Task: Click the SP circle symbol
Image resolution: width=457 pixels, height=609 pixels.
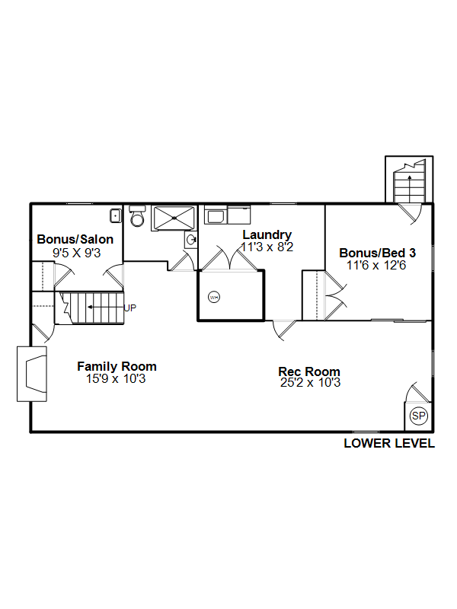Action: point(418,416)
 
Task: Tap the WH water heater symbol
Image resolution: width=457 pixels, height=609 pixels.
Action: point(214,298)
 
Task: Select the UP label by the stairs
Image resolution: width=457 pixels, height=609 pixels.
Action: point(129,308)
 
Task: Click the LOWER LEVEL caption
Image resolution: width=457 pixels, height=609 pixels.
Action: point(389,443)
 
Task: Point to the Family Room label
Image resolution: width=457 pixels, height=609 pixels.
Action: point(117,366)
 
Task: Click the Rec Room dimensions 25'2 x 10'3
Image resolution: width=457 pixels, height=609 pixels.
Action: point(310,383)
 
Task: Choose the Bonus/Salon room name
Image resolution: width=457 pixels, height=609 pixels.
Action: point(75,239)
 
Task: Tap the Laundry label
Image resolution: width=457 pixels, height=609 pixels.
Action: point(267,234)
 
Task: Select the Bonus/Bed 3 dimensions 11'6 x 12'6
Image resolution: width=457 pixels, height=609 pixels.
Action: point(376,265)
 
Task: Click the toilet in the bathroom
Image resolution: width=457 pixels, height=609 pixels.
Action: point(137,216)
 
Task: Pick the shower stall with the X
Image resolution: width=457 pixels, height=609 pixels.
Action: point(174,218)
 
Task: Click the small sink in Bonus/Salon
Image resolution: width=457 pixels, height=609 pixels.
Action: point(116,215)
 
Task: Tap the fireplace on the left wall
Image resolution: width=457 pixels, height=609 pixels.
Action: point(32,374)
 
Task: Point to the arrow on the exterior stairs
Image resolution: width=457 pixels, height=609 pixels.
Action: point(409,188)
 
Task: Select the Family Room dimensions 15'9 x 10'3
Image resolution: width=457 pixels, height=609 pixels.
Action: point(116,378)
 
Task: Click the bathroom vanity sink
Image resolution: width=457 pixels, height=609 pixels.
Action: point(191,240)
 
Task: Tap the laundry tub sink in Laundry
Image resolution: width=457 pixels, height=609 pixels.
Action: point(215,216)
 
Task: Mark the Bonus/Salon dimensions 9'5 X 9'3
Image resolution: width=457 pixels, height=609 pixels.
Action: point(77,253)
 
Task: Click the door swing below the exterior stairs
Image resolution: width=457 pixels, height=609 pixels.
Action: point(411,214)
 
